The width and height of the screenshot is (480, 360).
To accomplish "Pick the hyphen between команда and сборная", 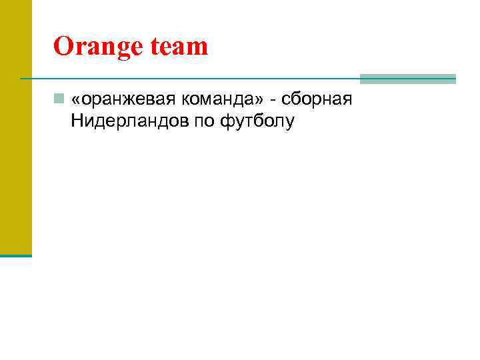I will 273,100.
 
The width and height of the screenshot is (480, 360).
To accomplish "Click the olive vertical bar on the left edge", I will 15,127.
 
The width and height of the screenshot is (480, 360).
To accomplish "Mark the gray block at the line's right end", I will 407,79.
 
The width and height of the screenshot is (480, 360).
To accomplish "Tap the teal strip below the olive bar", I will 15,255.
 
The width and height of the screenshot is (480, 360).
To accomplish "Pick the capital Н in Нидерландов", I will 74,123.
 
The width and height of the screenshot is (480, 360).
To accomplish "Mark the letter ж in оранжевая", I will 127,101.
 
